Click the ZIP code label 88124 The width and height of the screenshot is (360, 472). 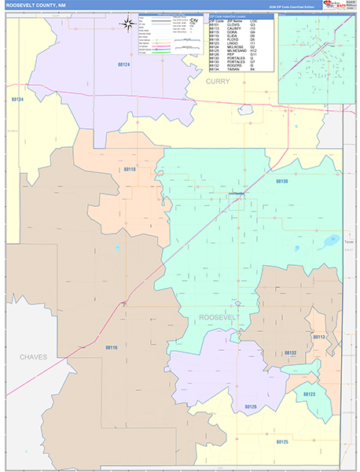124,64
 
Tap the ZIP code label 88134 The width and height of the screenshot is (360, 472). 18,100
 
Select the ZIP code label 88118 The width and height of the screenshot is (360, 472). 130,169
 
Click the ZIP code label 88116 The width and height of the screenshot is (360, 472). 111,347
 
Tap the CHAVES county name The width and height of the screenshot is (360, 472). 33,356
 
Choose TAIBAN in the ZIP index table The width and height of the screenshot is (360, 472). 233,68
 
